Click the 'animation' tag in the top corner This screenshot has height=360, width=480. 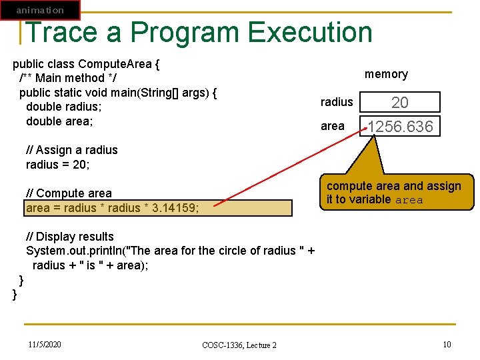tap(40, 10)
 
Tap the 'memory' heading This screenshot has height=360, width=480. tap(386, 74)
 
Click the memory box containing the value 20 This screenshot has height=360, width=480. tap(400, 102)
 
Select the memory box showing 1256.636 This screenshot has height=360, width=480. tap(400, 126)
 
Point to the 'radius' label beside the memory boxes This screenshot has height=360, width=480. tap(337, 102)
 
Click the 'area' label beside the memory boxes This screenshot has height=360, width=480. tap(333, 126)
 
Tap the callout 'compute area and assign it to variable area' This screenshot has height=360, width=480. tap(393, 193)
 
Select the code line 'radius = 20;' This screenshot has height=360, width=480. tap(57, 164)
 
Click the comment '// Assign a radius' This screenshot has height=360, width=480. tap(71, 150)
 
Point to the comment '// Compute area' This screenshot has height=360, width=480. tap(69, 193)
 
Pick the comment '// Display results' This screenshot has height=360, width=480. tap(69, 237)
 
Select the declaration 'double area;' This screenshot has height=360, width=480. tap(59, 121)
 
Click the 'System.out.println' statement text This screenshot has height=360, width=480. tap(170, 251)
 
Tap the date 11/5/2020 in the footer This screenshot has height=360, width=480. tap(45, 344)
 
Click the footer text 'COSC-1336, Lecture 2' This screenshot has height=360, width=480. tap(239, 345)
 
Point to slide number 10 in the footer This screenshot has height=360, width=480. tap(447, 344)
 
